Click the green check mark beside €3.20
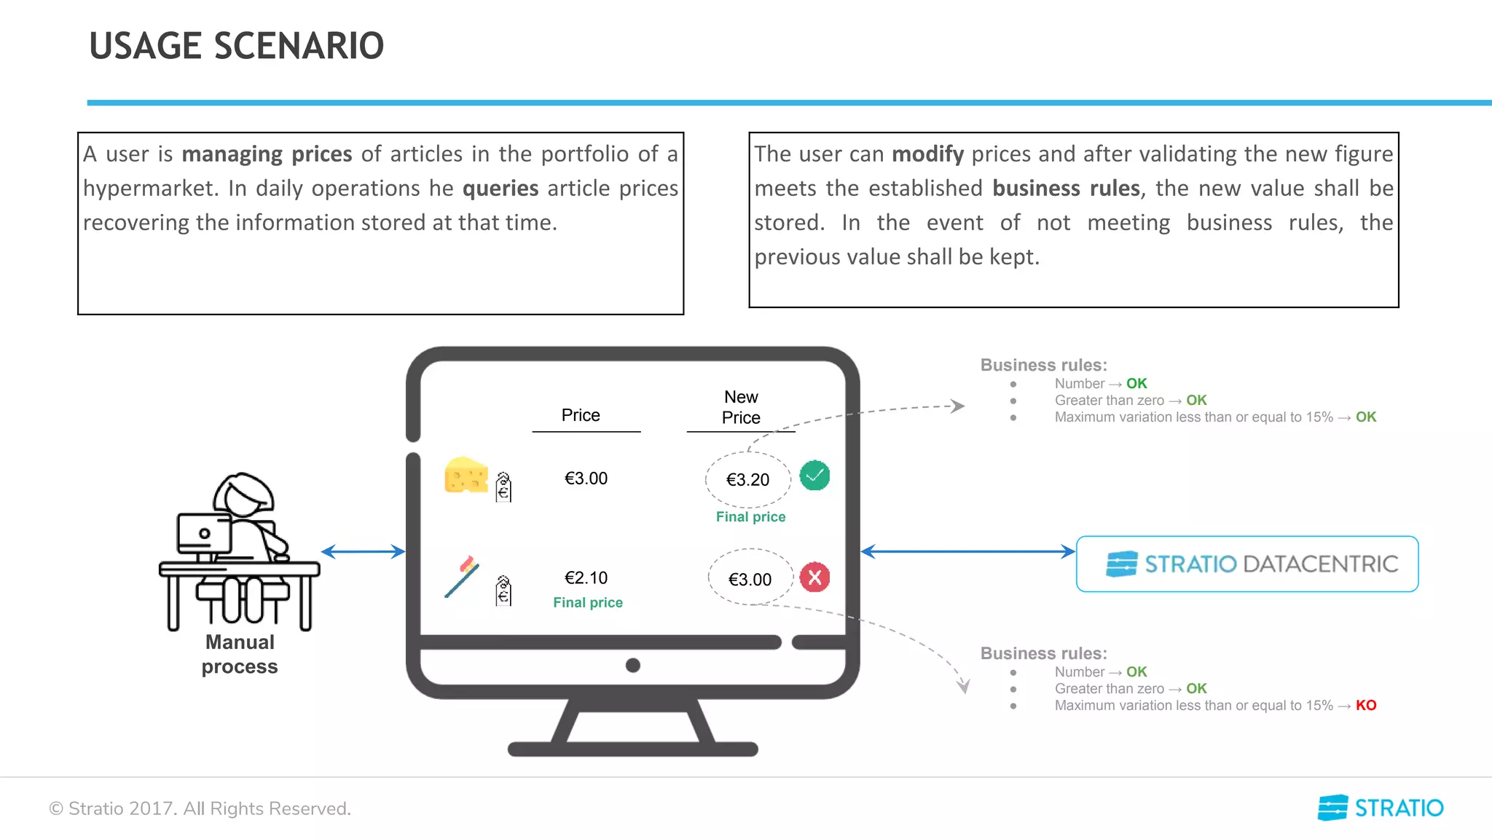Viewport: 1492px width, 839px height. click(814, 476)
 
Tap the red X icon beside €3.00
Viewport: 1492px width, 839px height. click(814, 578)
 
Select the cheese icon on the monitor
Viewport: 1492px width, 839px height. click(466, 476)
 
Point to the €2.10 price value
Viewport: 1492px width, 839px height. click(586, 578)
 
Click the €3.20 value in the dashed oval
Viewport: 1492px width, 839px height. click(747, 480)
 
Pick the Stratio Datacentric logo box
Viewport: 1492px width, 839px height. click(1246, 564)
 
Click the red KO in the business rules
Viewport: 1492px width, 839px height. click(1365, 705)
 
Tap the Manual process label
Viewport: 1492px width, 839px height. click(240, 654)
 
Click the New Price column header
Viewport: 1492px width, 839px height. click(741, 407)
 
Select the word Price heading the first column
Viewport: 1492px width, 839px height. click(581, 415)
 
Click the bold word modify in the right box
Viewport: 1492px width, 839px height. click(927, 154)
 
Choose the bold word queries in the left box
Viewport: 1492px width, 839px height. click(500, 188)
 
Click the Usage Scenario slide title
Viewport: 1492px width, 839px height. click(236, 46)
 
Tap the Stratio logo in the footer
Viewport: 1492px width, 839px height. click(1380, 808)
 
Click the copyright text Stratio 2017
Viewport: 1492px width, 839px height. click(200, 808)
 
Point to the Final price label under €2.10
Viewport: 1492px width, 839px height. click(587, 602)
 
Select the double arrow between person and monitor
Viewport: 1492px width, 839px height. click(363, 551)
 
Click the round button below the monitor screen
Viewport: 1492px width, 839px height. click(633, 665)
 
